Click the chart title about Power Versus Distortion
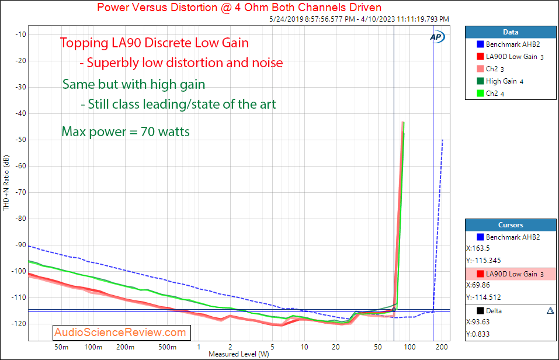(239, 8)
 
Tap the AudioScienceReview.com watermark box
(120, 333)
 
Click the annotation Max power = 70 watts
(126, 131)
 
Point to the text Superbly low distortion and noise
(185, 63)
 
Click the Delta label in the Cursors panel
(494, 311)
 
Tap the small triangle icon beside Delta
(550, 311)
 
